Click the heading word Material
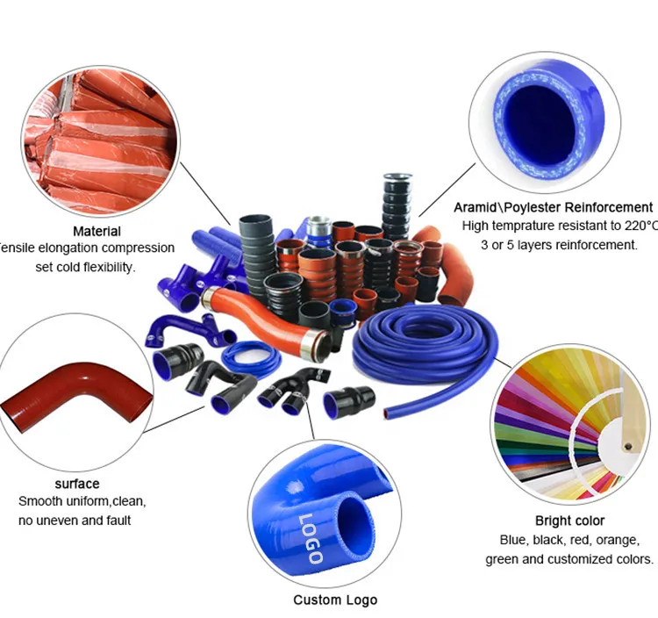pos(97,232)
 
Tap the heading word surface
pos(77,484)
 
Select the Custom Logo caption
pos(335,600)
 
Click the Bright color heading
pos(569,521)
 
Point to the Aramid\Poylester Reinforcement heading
pos(553,208)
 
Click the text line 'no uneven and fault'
pos(75,521)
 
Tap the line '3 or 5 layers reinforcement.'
pos(561,245)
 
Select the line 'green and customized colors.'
pos(569,558)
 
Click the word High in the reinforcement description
pos(478,226)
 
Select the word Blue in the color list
pos(514,540)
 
